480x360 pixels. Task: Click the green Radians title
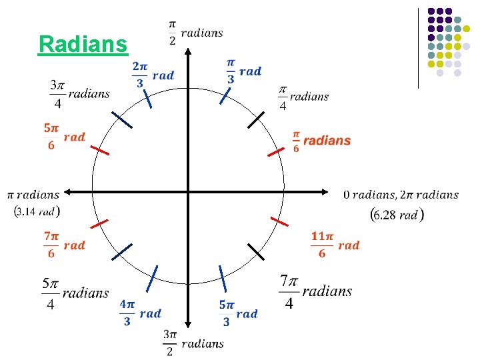point(83,44)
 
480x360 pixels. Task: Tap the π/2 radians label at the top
point(195,33)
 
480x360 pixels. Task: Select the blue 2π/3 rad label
point(153,75)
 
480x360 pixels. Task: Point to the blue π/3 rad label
point(243,71)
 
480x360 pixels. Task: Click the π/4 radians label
point(303,97)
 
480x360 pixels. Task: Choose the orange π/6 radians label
point(321,141)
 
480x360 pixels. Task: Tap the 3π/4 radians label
point(79,94)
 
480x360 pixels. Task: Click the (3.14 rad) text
point(36,211)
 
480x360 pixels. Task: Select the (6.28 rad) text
point(397,214)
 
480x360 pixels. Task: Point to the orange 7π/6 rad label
point(65,245)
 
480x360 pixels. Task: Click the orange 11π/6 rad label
point(335,245)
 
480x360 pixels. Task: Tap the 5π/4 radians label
point(75,293)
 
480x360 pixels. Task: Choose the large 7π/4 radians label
point(315,291)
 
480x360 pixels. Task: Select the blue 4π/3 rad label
point(140,313)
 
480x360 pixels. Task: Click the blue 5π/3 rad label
point(238,313)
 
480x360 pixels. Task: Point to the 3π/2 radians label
point(193,343)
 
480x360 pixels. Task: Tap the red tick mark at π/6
point(276,151)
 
